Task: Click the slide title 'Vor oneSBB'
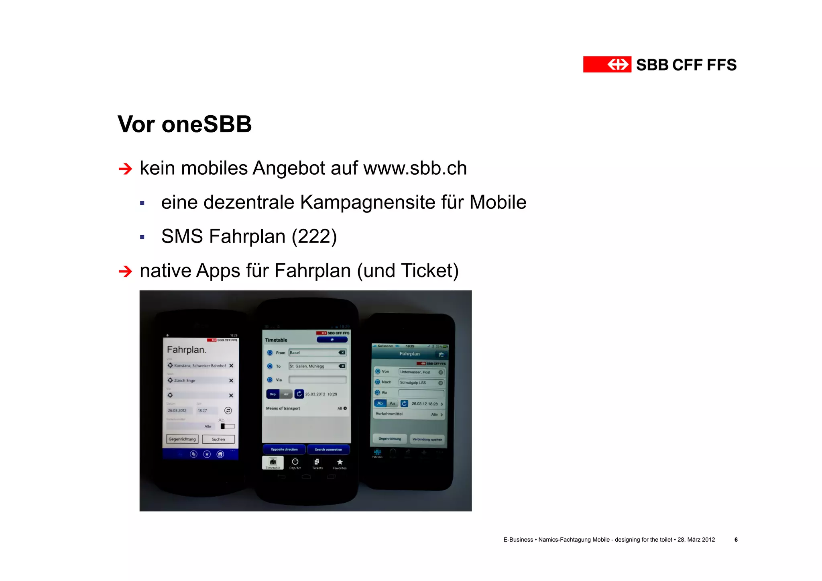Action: [x=185, y=124]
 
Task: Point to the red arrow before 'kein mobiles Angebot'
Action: [x=125, y=169]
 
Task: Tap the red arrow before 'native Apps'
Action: [x=125, y=271]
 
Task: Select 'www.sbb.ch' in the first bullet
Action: [x=415, y=168]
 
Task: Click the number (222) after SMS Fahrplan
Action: [x=314, y=236]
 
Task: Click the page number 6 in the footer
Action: [x=736, y=540]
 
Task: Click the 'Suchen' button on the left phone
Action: [x=218, y=439]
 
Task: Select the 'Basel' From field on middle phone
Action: [x=317, y=353]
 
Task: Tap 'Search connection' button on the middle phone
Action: [x=328, y=450]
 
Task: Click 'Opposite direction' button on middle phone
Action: [x=284, y=450]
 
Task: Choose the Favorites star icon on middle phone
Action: [x=340, y=463]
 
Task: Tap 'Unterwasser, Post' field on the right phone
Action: [x=421, y=372]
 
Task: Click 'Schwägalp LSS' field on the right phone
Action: [x=421, y=383]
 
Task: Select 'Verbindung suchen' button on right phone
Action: [x=427, y=439]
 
